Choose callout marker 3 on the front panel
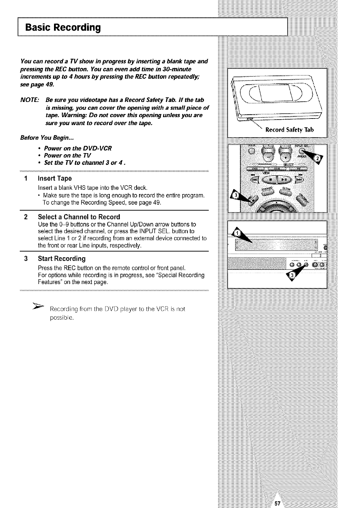[292, 276]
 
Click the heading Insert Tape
[55, 179]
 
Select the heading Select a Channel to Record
[79, 217]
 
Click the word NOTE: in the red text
[30, 100]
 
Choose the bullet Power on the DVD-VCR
[78, 148]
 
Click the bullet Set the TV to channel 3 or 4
[85, 163]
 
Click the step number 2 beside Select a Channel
[26, 217]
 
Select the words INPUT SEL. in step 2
[161, 231]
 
